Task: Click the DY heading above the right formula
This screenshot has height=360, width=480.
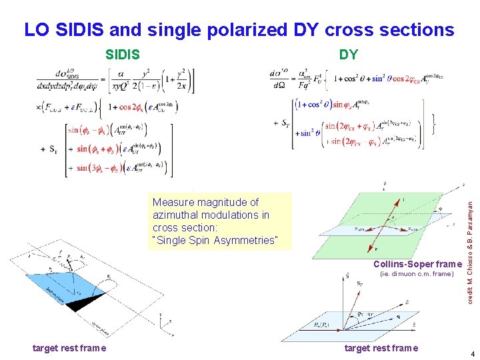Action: (x=348, y=55)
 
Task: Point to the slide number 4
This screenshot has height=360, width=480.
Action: (x=472, y=354)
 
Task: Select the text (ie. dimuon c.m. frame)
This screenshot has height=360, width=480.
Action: (x=416, y=274)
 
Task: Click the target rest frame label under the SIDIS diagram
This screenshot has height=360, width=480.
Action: (x=69, y=347)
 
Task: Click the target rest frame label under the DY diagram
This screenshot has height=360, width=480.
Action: (x=381, y=347)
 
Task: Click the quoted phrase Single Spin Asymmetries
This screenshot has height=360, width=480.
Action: (x=214, y=240)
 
